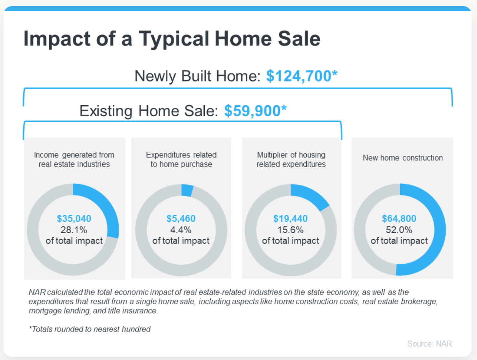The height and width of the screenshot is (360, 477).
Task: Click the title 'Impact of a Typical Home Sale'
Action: coord(172,39)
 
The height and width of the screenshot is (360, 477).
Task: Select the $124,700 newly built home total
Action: coord(302,76)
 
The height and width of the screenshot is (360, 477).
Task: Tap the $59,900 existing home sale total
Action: coord(255,111)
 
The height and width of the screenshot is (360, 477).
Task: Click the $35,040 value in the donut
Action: coord(74,219)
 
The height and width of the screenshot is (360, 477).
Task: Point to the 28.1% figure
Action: coord(74,230)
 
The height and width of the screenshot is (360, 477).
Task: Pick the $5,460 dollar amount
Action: coord(181,219)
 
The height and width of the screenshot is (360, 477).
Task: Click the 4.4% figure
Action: coord(181,230)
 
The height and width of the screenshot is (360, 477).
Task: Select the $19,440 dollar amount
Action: coord(290,219)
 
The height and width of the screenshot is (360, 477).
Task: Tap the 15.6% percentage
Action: coord(290,230)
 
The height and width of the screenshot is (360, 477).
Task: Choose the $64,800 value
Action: coord(399,219)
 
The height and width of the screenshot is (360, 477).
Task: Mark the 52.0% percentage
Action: coord(399,230)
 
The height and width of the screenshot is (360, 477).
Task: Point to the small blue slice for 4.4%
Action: coord(187,190)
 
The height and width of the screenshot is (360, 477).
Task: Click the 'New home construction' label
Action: coord(402,158)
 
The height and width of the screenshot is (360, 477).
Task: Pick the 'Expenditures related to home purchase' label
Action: coord(181,159)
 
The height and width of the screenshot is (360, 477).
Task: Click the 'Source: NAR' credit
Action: coord(429,344)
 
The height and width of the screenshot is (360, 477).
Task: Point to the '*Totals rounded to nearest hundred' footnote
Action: coord(90,329)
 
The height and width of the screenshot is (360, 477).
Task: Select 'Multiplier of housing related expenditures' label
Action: coord(291,159)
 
